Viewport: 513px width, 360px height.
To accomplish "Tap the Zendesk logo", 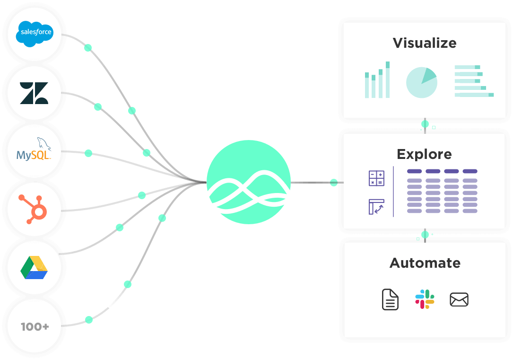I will click(34, 93).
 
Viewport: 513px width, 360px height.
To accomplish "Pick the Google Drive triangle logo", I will click(34, 267).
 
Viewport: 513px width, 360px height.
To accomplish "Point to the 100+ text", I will click(35, 326).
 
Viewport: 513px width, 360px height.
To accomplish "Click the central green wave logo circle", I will click(249, 182).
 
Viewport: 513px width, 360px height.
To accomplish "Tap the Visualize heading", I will click(425, 43).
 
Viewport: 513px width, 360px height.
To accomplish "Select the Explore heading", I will click(424, 154).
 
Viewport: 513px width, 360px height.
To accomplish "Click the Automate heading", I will click(425, 263).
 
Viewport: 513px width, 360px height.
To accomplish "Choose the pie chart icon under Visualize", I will click(421, 82).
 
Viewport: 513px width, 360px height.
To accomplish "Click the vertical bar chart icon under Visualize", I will click(377, 80).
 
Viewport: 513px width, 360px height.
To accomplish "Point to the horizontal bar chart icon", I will click(473, 81).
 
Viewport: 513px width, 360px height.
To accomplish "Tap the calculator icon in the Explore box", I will click(376, 178).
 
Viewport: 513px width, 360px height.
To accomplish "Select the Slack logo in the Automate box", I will click(425, 299).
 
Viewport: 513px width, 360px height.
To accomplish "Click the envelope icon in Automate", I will click(459, 299).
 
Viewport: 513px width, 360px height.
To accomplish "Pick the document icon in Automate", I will click(390, 299).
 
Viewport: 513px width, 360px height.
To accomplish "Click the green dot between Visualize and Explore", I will click(425, 124).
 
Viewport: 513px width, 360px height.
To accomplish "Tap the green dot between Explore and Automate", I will click(425, 234).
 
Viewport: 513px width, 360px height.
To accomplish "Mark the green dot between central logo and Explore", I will click(334, 183).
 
